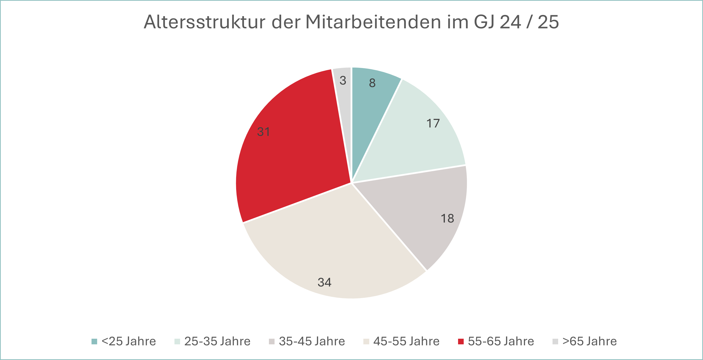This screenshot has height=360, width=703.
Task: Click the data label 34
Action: pos(324,282)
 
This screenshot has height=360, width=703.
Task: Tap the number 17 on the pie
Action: pos(433,123)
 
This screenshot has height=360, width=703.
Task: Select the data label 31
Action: pos(264,132)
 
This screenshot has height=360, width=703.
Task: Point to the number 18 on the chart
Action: pos(448,218)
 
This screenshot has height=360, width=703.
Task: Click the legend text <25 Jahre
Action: pos(128,341)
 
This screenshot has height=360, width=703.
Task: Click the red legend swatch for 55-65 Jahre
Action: pos(461,341)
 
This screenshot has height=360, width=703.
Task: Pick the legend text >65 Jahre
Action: pos(590,341)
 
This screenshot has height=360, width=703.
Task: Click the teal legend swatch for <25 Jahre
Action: pos(94,341)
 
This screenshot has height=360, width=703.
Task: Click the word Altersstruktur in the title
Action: pos(204,22)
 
